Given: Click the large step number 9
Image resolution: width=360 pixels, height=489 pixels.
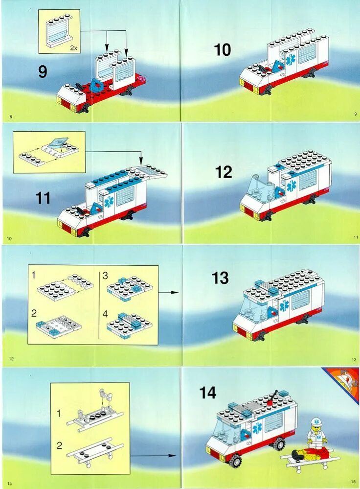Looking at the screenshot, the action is pyautogui.click(x=43, y=71).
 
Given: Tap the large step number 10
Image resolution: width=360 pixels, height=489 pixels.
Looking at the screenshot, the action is pyautogui.click(x=223, y=50).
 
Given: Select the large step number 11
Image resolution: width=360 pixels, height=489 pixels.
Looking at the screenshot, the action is pyautogui.click(x=43, y=198).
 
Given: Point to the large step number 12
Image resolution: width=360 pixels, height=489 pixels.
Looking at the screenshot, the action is pyautogui.click(x=224, y=172).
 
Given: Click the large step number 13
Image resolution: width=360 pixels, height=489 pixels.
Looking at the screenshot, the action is pyautogui.click(x=220, y=278).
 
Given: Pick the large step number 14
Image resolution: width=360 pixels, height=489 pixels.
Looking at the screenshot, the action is pyautogui.click(x=208, y=393).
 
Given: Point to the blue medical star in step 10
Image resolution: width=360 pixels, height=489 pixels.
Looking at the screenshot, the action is pyautogui.click(x=292, y=60).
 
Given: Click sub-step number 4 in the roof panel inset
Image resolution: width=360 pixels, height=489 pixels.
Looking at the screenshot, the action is pyautogui.click(x=105, y=314).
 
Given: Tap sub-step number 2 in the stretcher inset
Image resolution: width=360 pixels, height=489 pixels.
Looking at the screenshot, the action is pyautogui.click(x=59, y=445).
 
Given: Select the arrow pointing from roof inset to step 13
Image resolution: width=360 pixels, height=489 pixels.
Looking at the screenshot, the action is pyautogui.click(x=169, y=293).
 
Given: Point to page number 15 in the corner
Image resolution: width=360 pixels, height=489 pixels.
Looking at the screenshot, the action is pyautogui.click(x=353, y=482).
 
